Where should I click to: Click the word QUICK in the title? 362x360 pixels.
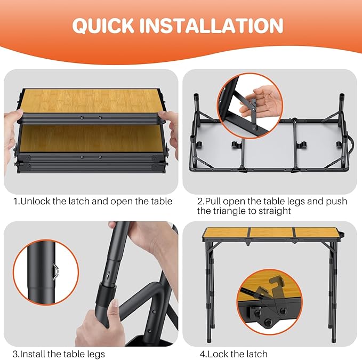pos(103,26)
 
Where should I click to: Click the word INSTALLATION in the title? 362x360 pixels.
pos(212,26)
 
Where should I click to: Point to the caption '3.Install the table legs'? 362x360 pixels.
pos(59,354)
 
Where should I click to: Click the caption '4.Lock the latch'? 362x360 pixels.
pos(234,354)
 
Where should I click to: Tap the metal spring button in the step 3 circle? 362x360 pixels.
pos(57,272)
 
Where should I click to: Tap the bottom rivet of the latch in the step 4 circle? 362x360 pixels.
pos(268,321)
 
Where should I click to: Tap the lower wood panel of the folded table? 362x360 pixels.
pos(91,139)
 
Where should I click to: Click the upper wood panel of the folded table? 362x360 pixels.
pos(91,101)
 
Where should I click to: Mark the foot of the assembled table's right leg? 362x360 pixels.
pos(334,340)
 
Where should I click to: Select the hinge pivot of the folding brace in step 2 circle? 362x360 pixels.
pos(253,107)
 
